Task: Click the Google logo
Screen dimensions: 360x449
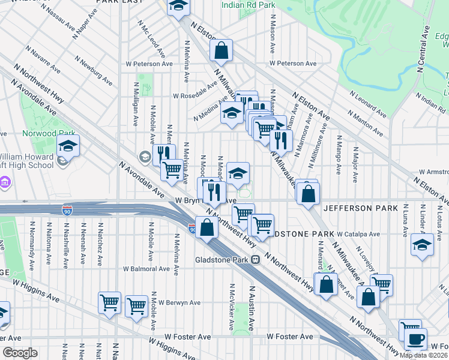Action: tap(19, 353)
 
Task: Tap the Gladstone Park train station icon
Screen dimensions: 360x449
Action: tap(255, 259)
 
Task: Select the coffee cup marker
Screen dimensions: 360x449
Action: tap(415, 340)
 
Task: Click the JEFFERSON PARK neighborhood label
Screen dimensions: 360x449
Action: tap(360, 208)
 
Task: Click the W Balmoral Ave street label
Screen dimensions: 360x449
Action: tap(146, 269)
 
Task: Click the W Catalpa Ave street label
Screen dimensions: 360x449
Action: tap(358, 234)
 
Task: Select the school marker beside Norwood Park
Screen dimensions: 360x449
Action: tap(68, 146)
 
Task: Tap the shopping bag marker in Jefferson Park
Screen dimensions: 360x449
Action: tap(308, 194)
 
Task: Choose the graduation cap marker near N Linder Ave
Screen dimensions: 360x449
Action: tap(422, 245)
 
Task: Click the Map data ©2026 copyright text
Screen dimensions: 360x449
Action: tap(424, 355)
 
